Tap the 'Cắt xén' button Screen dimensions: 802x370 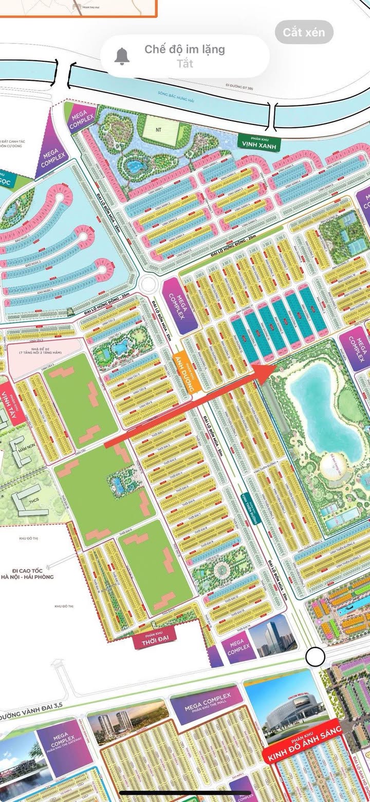pos(304,32)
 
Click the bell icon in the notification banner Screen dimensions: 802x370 pos(122,56)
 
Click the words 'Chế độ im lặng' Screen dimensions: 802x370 pos(184,49)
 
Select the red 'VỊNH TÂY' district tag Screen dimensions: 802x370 pos(8,404)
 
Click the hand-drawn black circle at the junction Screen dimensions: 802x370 pos(314,657)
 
